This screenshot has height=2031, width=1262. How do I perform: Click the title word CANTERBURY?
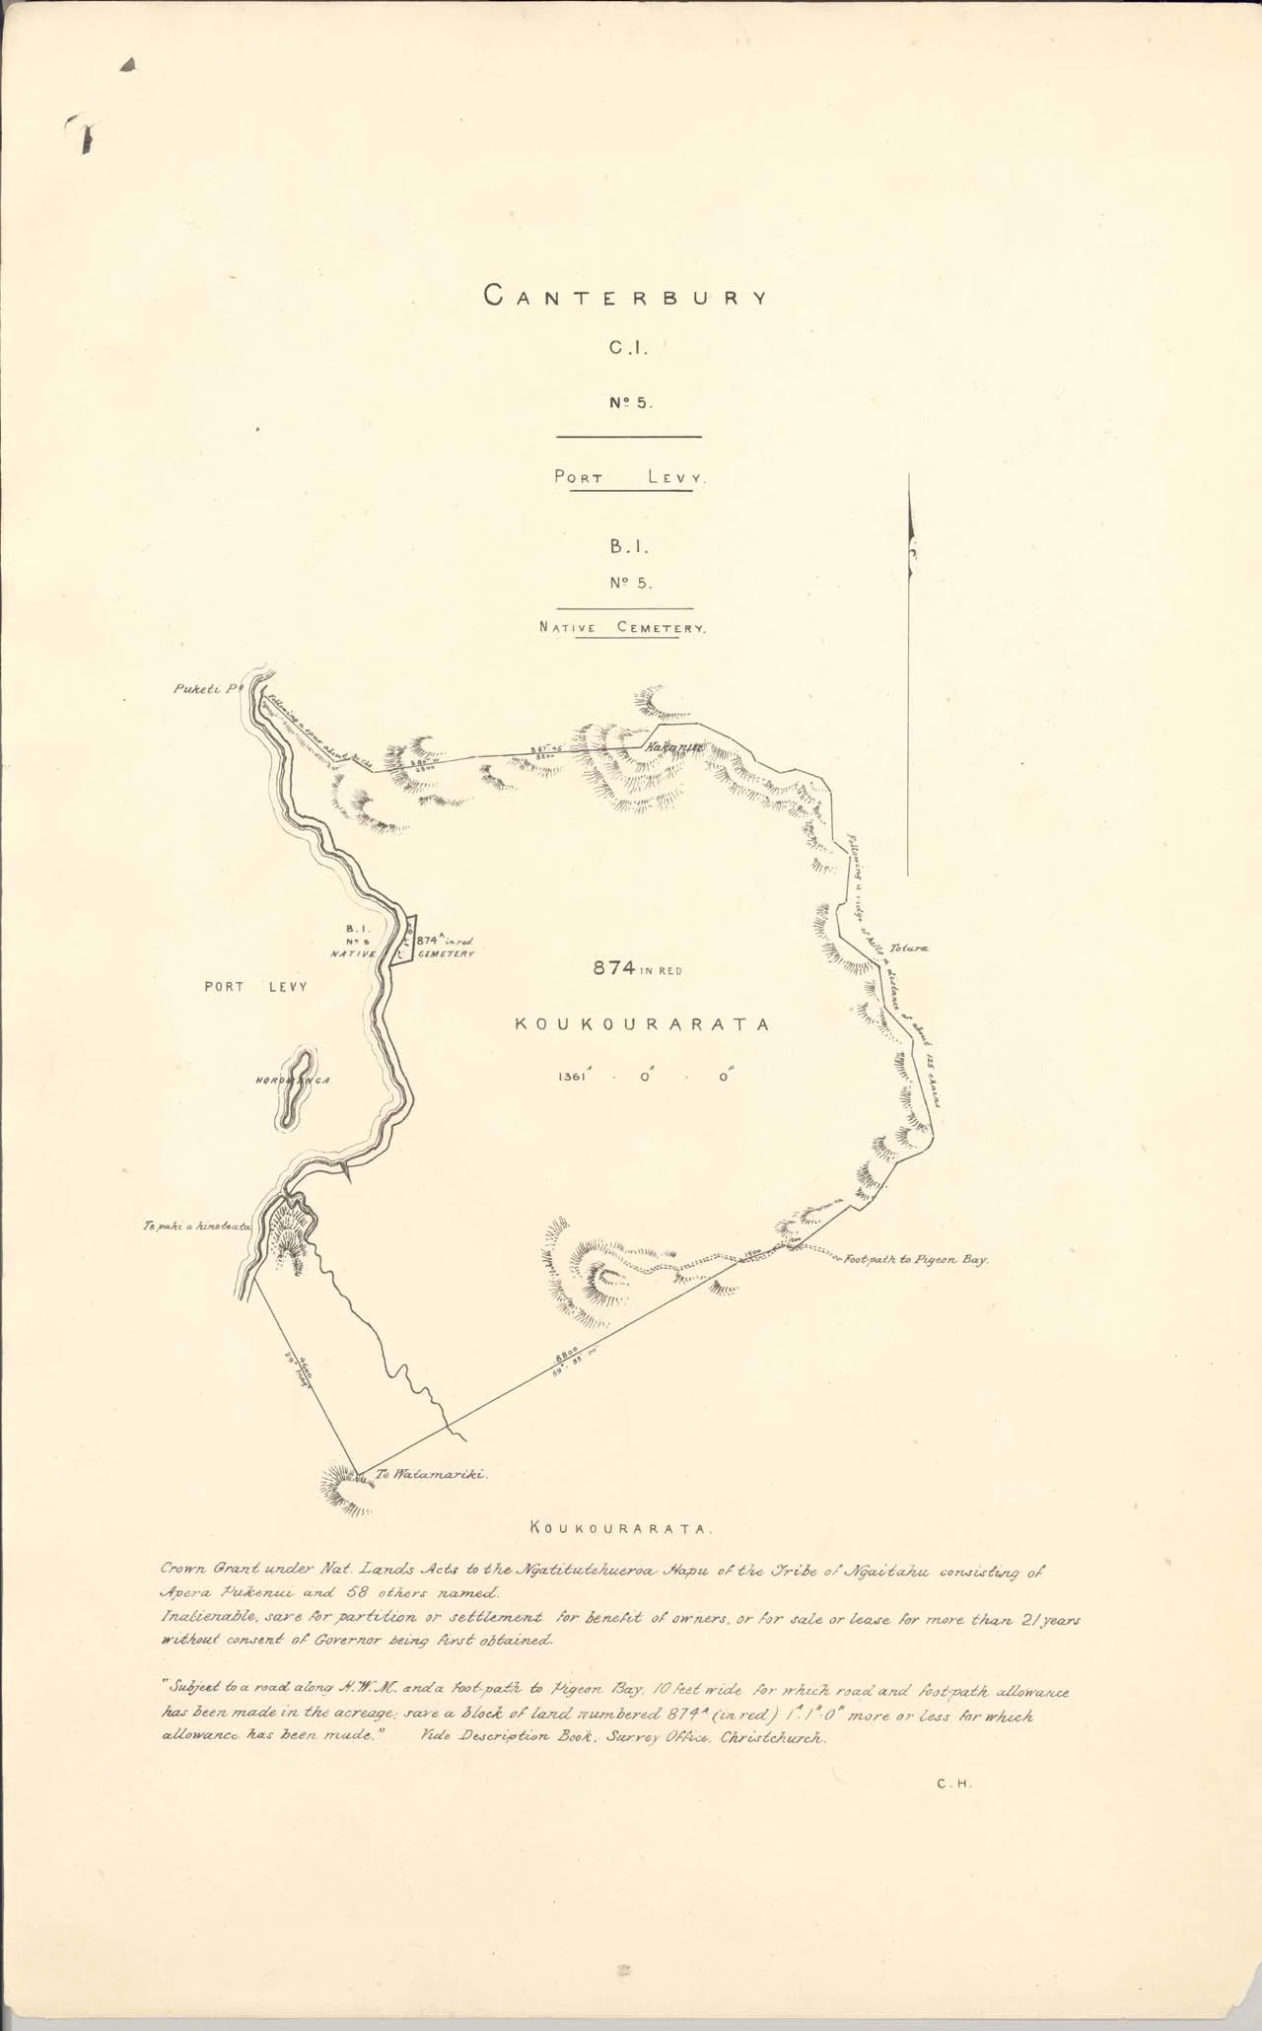coord(625,296)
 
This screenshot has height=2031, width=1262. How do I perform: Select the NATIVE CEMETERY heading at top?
coord(622,627)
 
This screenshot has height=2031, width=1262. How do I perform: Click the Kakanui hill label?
coord(673,750)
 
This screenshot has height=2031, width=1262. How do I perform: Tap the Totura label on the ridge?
coord(908,947)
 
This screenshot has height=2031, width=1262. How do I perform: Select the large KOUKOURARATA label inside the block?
coord(642,1024)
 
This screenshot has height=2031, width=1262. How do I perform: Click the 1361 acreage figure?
coord(572,1077)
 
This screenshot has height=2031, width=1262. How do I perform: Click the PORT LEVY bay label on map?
coord(255,986)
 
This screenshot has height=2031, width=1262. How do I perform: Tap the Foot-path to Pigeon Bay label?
coord(916,1259)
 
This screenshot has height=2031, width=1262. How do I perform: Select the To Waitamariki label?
coord(432,1476)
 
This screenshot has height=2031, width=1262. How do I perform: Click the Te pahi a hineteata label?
coord(197,1226)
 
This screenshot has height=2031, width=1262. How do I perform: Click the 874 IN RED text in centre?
coord(637,969)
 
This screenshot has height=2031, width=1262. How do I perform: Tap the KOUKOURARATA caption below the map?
coord(621,1529)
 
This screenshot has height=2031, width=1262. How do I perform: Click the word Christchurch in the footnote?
coord(773,1738)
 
